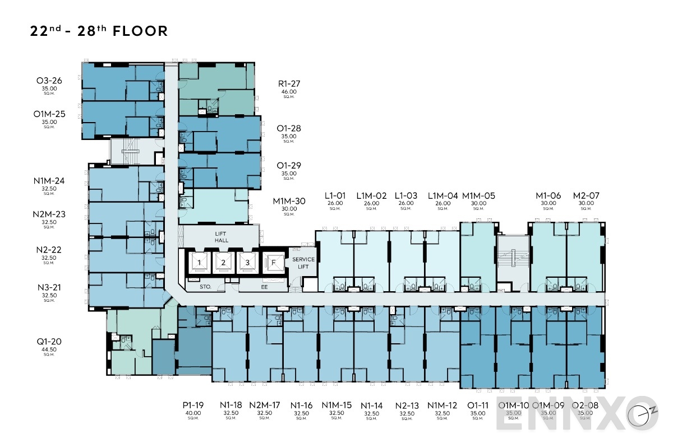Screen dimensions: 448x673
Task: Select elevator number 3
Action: [x=245, y=262]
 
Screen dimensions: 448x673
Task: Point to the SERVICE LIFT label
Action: [x=303, y=263]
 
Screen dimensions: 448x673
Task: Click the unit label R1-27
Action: [x=289, y=84]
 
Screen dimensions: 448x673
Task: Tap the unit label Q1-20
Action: [x=49, y=342]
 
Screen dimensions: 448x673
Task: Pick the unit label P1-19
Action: [x=192, y=405]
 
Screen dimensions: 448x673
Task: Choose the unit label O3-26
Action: [x=49, y=81]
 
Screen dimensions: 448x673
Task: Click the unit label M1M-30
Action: [x=289, y=201]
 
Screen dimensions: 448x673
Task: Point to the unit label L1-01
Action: [x=335, y=195]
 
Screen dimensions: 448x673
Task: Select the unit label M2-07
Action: [x=586, y=195]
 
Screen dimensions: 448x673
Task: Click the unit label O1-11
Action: [x=477, y=405]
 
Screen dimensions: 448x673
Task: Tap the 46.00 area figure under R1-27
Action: [x=289, y=91]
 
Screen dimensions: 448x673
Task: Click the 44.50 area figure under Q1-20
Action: [x=49, y=349]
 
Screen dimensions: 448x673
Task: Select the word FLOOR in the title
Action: [x=140, y=31]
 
